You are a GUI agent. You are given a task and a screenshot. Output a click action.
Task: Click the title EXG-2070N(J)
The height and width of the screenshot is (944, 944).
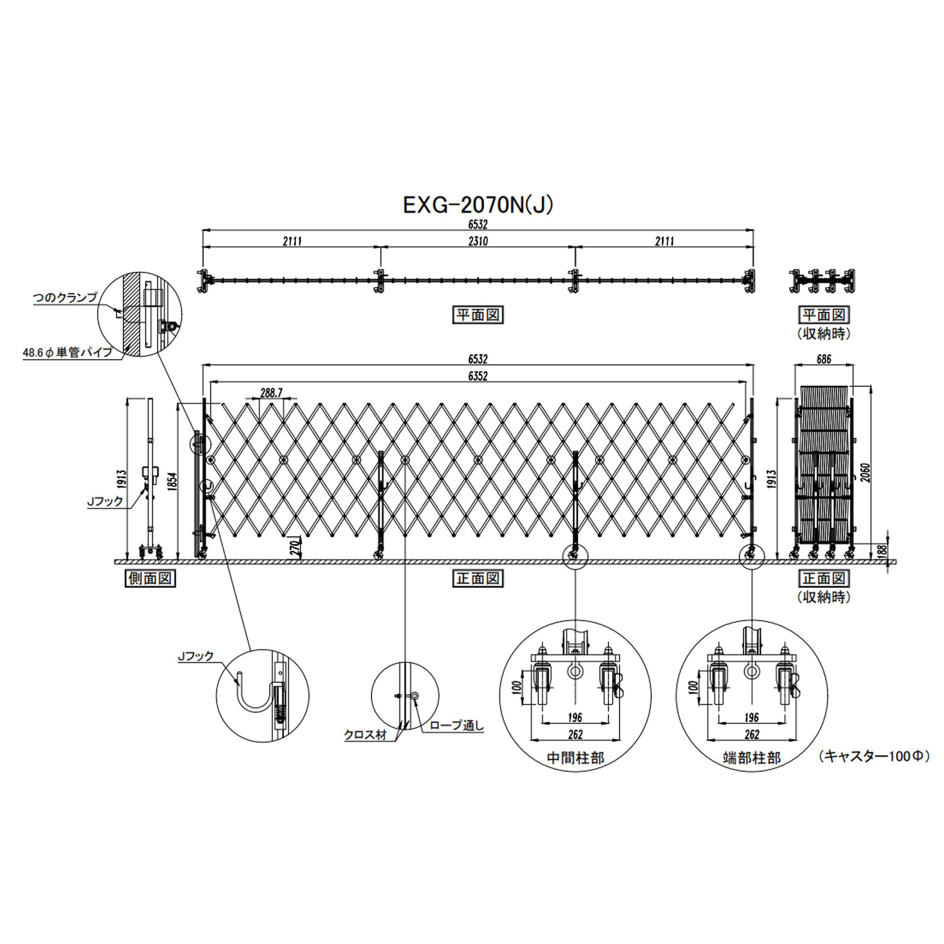click(478, 206)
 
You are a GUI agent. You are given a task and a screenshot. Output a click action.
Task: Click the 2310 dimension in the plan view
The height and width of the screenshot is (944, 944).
click(478, 241)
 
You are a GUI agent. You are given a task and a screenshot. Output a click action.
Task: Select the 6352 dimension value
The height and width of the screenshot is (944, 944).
click(478, 376)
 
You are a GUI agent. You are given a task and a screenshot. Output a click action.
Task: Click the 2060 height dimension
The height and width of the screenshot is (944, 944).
click(865, 472)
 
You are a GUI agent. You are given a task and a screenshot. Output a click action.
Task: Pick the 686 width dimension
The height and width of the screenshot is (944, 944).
click(824, 359)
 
